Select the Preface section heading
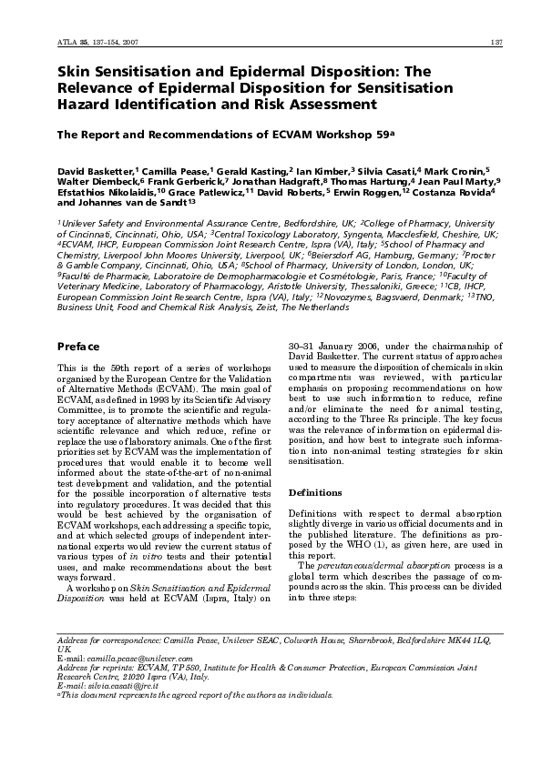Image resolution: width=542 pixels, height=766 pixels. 78,347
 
